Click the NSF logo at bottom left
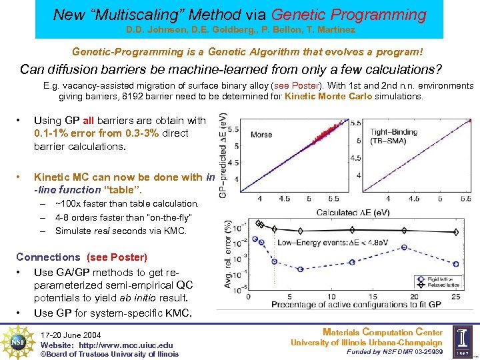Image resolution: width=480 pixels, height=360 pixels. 19,341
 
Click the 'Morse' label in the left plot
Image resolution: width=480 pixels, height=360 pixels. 261,135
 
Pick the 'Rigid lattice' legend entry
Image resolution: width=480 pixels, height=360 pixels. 441,279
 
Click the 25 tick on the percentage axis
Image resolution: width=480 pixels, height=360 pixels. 455,297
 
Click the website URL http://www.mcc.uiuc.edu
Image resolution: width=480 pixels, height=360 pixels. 107,345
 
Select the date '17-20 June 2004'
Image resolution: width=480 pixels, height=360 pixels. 71,335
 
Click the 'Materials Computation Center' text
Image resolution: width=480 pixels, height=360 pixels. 382,332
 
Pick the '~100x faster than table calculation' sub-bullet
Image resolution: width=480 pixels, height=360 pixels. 127,203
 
